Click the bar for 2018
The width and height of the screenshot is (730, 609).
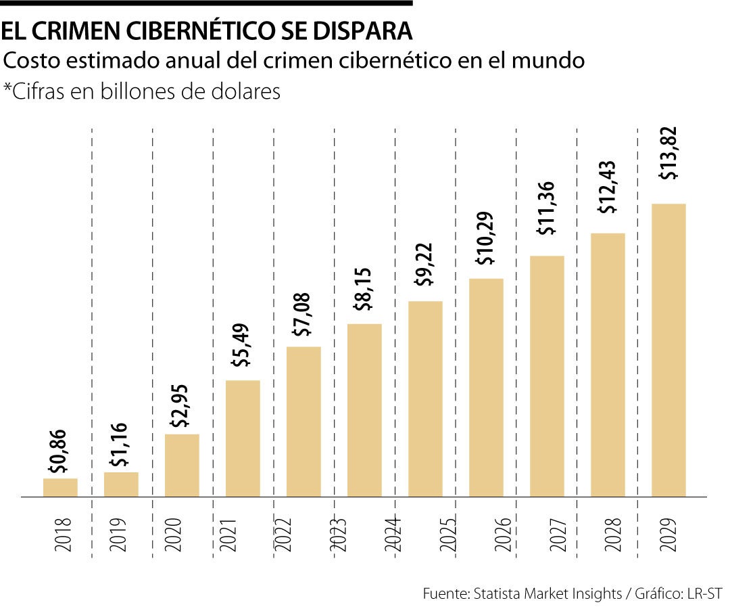click(60, 487)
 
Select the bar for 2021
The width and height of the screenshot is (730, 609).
click(243, 438)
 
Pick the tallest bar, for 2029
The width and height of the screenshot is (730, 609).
click(668, 350)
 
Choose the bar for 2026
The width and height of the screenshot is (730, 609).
click(486, 387)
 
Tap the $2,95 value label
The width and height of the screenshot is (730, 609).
click(180, 405)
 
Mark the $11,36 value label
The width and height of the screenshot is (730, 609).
click(545, 208)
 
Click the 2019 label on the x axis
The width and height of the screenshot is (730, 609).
click(120, 535)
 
